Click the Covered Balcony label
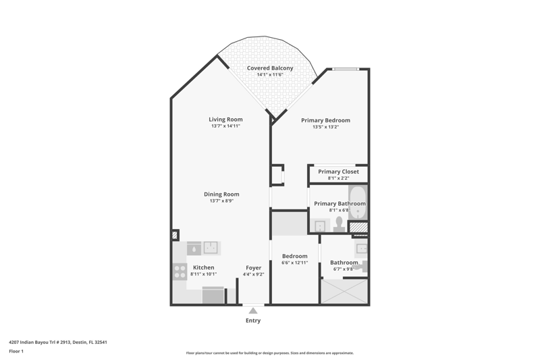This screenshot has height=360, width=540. point(270,68)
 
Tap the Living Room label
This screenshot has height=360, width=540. point(225,120)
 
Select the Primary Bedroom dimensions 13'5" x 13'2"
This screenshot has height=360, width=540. point(325,127)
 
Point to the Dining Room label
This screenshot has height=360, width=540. point(221,195)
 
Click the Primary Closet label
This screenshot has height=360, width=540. point(338,172)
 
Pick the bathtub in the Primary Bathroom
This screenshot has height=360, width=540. point(358,203)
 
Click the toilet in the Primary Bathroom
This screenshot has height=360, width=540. point(340,224)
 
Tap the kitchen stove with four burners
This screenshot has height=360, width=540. point(180,272)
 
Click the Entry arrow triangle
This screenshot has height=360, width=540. point(253,311)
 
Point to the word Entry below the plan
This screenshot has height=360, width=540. point(253,320)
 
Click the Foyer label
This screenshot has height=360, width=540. point(254,267)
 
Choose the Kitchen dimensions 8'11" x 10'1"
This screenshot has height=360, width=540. point(204,274)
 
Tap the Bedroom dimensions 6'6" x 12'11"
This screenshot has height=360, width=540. point(294,263)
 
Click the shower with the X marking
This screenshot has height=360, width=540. point(344,292)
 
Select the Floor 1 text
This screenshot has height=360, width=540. point(16,351)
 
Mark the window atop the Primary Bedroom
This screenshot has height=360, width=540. point(346,70)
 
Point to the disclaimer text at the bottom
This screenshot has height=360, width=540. point(270,353)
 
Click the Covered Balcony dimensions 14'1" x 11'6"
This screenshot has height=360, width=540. point(270,75)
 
